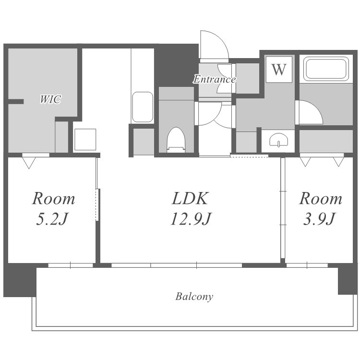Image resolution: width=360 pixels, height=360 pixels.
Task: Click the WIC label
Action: pos(50,99)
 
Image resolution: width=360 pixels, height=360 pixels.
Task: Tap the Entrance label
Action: pos(215,79)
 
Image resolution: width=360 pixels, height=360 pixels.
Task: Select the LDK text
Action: pos(191,198)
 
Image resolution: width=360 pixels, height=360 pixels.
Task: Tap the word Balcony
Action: pos(194,297)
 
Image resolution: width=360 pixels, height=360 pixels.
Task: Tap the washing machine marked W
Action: pos(279,69)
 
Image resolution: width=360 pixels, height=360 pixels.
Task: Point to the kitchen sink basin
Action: pos(143,107)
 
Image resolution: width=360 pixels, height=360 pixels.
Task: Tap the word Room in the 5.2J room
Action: pos(53,198)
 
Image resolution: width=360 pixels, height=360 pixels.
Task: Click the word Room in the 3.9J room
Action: pos(321,198)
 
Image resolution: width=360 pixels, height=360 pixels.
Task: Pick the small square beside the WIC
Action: pos(85,140)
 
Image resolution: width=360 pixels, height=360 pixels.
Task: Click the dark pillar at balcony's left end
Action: pos(20,280)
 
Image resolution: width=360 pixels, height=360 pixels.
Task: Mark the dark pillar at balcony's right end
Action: pos(348,279)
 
